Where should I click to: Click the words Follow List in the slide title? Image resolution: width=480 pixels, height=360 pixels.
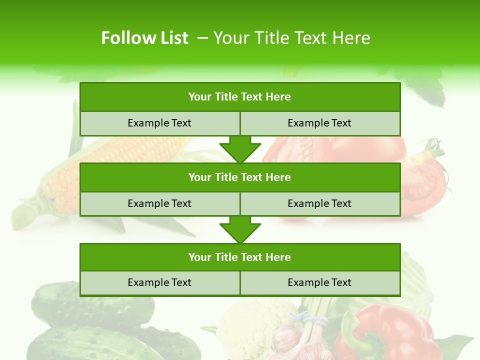pos(144,38)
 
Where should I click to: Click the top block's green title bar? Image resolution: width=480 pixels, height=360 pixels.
pos(240,97)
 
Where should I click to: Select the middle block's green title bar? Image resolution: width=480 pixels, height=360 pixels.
pos(240,177)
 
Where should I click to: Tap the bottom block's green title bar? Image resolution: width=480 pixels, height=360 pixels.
pos(240,257)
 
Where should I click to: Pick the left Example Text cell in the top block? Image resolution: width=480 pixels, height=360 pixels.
pos(159,123)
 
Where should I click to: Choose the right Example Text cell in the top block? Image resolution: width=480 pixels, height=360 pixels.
pos(320,123)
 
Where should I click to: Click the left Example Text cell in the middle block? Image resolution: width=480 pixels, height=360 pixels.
pos(159,203)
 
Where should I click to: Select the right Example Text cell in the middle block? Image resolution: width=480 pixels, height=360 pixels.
pos(320,203)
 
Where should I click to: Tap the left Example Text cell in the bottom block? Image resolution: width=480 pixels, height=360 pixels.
pos(159,283)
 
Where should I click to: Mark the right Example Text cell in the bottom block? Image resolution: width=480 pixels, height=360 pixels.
pos(320,283)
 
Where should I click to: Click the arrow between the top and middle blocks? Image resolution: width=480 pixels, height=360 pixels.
pos(240,149)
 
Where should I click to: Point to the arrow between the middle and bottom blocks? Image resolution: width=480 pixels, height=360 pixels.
pos(240,229)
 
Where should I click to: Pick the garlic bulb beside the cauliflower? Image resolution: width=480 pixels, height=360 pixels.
pos(290,340)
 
